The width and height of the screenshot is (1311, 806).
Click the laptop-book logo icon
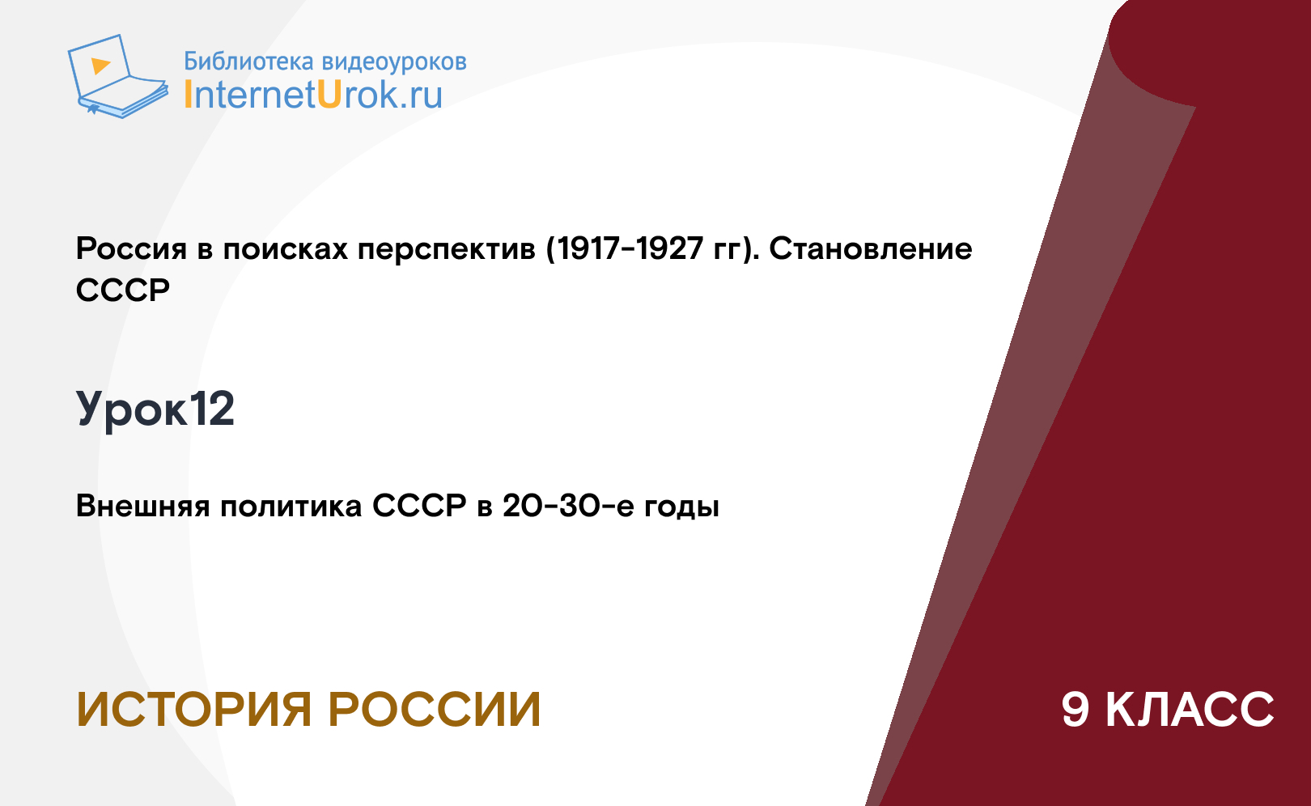[118, 76]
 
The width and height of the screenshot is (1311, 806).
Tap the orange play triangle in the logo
[100, 65]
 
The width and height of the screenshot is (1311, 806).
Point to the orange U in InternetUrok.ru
[329, 94]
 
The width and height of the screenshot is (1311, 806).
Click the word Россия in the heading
[132, 248]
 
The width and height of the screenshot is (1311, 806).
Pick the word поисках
[286, 248]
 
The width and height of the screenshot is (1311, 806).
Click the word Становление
[871, 248]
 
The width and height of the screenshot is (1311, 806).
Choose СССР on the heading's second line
[123, 290]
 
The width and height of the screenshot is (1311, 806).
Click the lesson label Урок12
[155, 409]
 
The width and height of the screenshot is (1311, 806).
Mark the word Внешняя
[142, 506]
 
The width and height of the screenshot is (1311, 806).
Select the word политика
[291, 506]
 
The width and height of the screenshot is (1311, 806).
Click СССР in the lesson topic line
[420, 506]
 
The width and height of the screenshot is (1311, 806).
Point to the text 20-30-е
[568, 506]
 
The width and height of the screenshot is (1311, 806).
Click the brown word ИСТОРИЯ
[193, 710]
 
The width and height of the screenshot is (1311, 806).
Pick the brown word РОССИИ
[435, 710]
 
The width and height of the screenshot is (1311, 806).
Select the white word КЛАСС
[1190, 710]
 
